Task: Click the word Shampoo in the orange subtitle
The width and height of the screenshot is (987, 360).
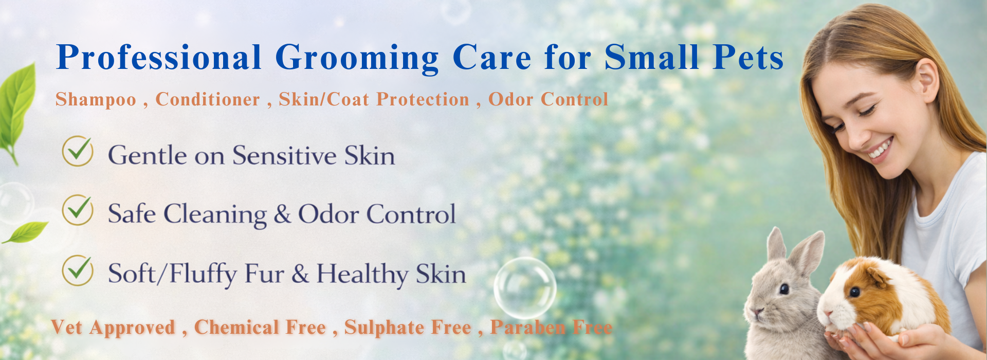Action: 96,100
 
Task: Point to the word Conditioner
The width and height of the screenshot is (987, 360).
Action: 208,99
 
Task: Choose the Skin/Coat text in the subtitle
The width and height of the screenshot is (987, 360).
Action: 324,99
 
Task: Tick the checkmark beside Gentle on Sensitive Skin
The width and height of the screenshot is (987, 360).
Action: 78,151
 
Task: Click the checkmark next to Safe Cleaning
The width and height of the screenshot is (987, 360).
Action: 78,210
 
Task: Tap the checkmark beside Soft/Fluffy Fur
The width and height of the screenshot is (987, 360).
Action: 78,270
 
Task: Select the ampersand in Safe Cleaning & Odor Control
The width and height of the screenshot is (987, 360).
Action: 282,214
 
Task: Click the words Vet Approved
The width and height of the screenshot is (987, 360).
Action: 114,328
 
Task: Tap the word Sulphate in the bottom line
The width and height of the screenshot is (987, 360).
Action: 408,328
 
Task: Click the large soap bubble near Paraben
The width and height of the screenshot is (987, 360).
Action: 525,287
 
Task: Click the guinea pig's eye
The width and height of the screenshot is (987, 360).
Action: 854,293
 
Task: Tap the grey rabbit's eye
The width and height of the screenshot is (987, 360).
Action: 783,289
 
